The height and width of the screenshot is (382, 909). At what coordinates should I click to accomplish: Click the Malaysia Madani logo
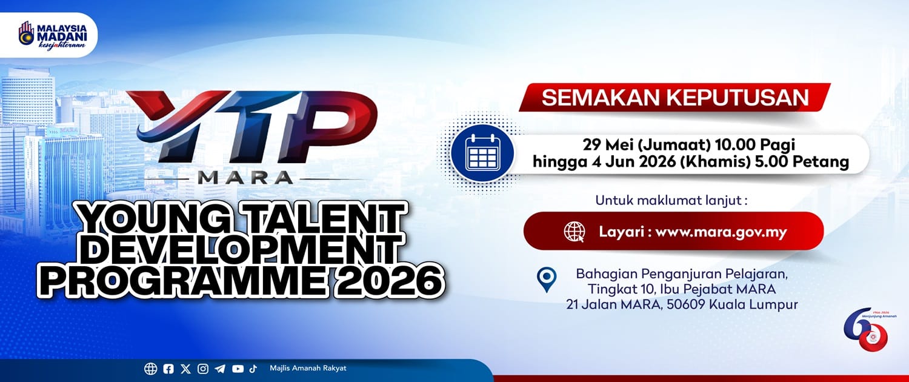52,35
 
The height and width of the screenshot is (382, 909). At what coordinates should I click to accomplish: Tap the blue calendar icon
482,153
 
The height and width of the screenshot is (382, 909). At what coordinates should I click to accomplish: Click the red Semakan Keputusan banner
674,98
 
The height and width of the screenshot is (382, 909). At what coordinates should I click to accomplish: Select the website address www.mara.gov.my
721,232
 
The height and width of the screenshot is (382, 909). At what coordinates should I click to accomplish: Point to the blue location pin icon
546,280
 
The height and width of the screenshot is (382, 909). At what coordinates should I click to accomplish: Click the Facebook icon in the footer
168,369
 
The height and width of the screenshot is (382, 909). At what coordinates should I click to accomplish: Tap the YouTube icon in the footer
238,369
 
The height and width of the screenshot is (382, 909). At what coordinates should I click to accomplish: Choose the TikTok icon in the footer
253,369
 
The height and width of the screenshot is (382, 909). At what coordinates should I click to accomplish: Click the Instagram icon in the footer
203,369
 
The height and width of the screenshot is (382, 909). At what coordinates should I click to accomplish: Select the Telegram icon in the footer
220,369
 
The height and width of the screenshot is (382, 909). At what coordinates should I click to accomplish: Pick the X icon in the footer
185,369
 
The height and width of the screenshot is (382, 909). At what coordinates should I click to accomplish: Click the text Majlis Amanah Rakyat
308,368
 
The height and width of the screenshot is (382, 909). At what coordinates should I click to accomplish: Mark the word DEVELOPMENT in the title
242,250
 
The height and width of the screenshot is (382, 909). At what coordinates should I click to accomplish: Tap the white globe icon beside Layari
574,232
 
